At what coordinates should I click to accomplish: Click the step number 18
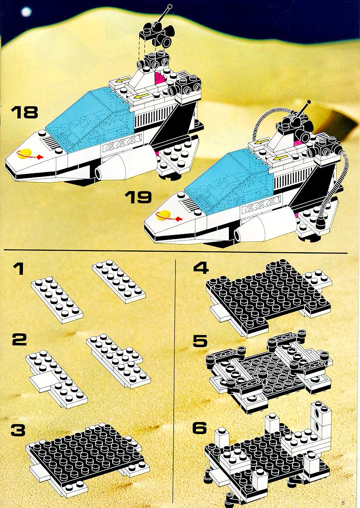tap(24, 112)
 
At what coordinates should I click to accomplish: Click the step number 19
tap(138, 197)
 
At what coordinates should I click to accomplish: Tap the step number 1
tap(19, 268)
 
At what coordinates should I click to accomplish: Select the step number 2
tap(19, 340)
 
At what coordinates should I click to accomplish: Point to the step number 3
tap(18, 430)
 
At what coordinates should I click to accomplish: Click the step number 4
tap(201, 268)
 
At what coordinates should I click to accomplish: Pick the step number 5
tap(200, 341)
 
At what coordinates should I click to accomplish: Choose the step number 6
tap(200, 428)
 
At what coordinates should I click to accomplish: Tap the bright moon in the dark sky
tap(26, 12)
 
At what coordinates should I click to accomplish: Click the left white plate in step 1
tap(57, 299)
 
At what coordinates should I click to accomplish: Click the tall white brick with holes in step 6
tap(321, 418)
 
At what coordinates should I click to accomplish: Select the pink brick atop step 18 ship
tap(159, 79)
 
